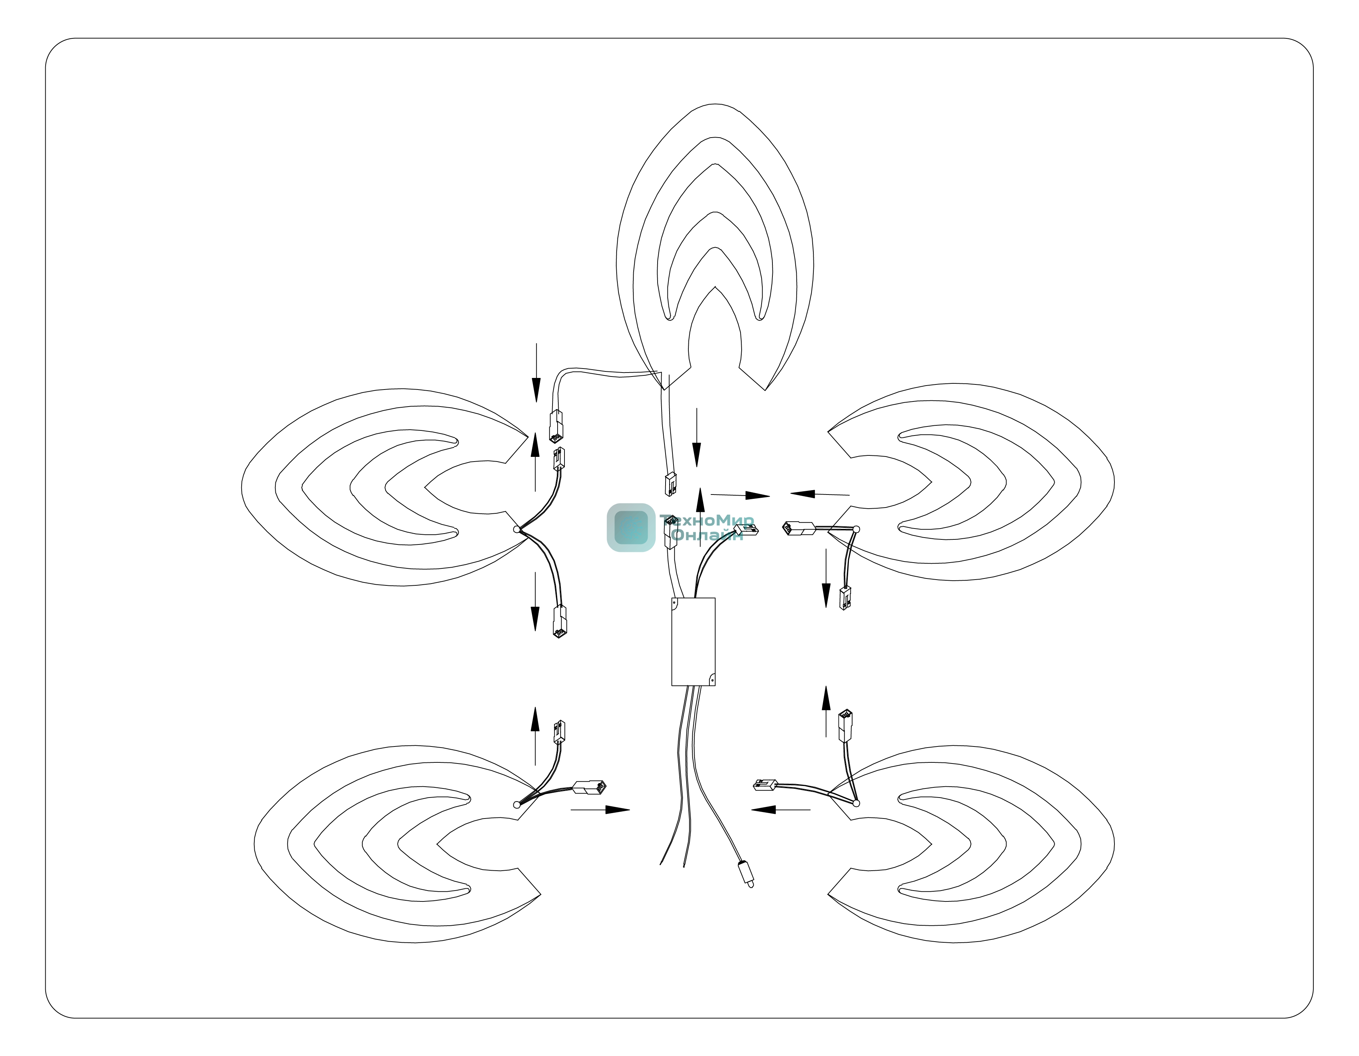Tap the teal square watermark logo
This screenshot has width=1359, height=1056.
point(631,527)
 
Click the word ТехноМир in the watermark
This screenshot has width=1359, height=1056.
point(708,520)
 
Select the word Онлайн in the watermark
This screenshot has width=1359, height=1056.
point(708,535)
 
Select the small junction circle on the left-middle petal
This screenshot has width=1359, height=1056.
point(517,529)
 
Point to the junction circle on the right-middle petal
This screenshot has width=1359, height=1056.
point(856,529)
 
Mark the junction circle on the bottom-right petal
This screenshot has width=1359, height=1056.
point(856,804)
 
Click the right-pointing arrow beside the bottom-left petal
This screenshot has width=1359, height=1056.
point(600,810)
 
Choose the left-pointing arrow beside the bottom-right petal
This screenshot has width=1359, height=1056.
point(781,810)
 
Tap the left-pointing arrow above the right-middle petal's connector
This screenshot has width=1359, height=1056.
point(820,495)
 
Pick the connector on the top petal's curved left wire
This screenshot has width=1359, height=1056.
point(556,426)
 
